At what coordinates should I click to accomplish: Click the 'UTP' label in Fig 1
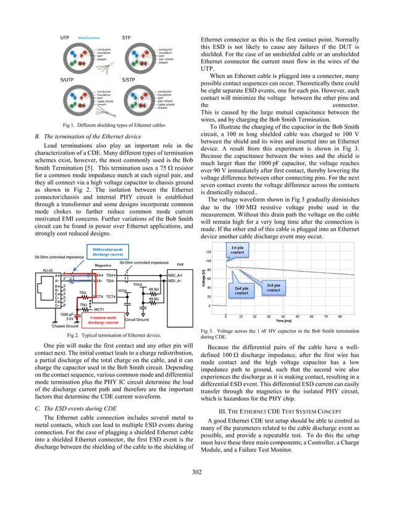tap(64, 38)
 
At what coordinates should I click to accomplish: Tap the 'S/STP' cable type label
tap(129, 80)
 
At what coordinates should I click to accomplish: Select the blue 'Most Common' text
tap(90, 38)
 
